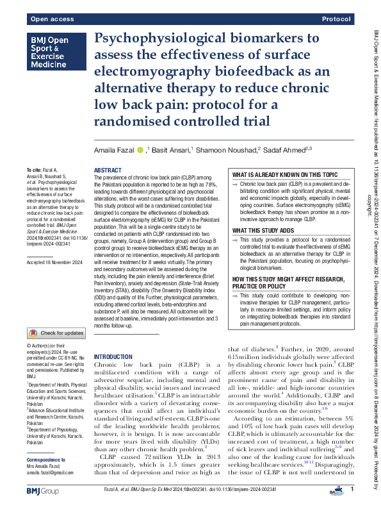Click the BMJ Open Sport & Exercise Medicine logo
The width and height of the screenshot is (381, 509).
tap(54, 53)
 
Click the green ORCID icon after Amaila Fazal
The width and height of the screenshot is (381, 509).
tap(140, 150)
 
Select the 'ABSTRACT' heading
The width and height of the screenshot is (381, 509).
tap(108, 171)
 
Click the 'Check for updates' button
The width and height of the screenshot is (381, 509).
tap(55, 333)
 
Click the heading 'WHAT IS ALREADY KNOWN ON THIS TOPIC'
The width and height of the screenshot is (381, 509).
tap(284, 175)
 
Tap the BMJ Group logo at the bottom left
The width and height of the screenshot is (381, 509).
tap(44, 491)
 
